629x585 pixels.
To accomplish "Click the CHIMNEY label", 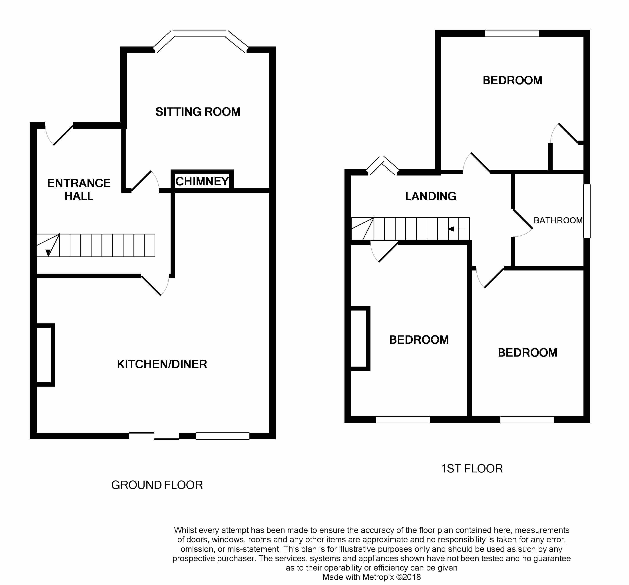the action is point(202,181).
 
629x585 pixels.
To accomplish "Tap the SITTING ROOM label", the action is point(198,112).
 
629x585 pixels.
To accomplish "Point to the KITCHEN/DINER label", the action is point(162,364).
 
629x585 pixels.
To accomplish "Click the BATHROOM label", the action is point(558,220).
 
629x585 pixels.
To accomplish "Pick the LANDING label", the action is point(431,196).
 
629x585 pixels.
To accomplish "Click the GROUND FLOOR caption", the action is point(157,485).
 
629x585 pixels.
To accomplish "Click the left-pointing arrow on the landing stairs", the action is point(456,229).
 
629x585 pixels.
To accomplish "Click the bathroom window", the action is point(587,211).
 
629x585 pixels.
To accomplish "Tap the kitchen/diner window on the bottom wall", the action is point(223,436).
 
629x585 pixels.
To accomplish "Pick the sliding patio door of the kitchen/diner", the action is point(154,436).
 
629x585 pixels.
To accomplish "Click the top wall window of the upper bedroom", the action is point(512,33).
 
